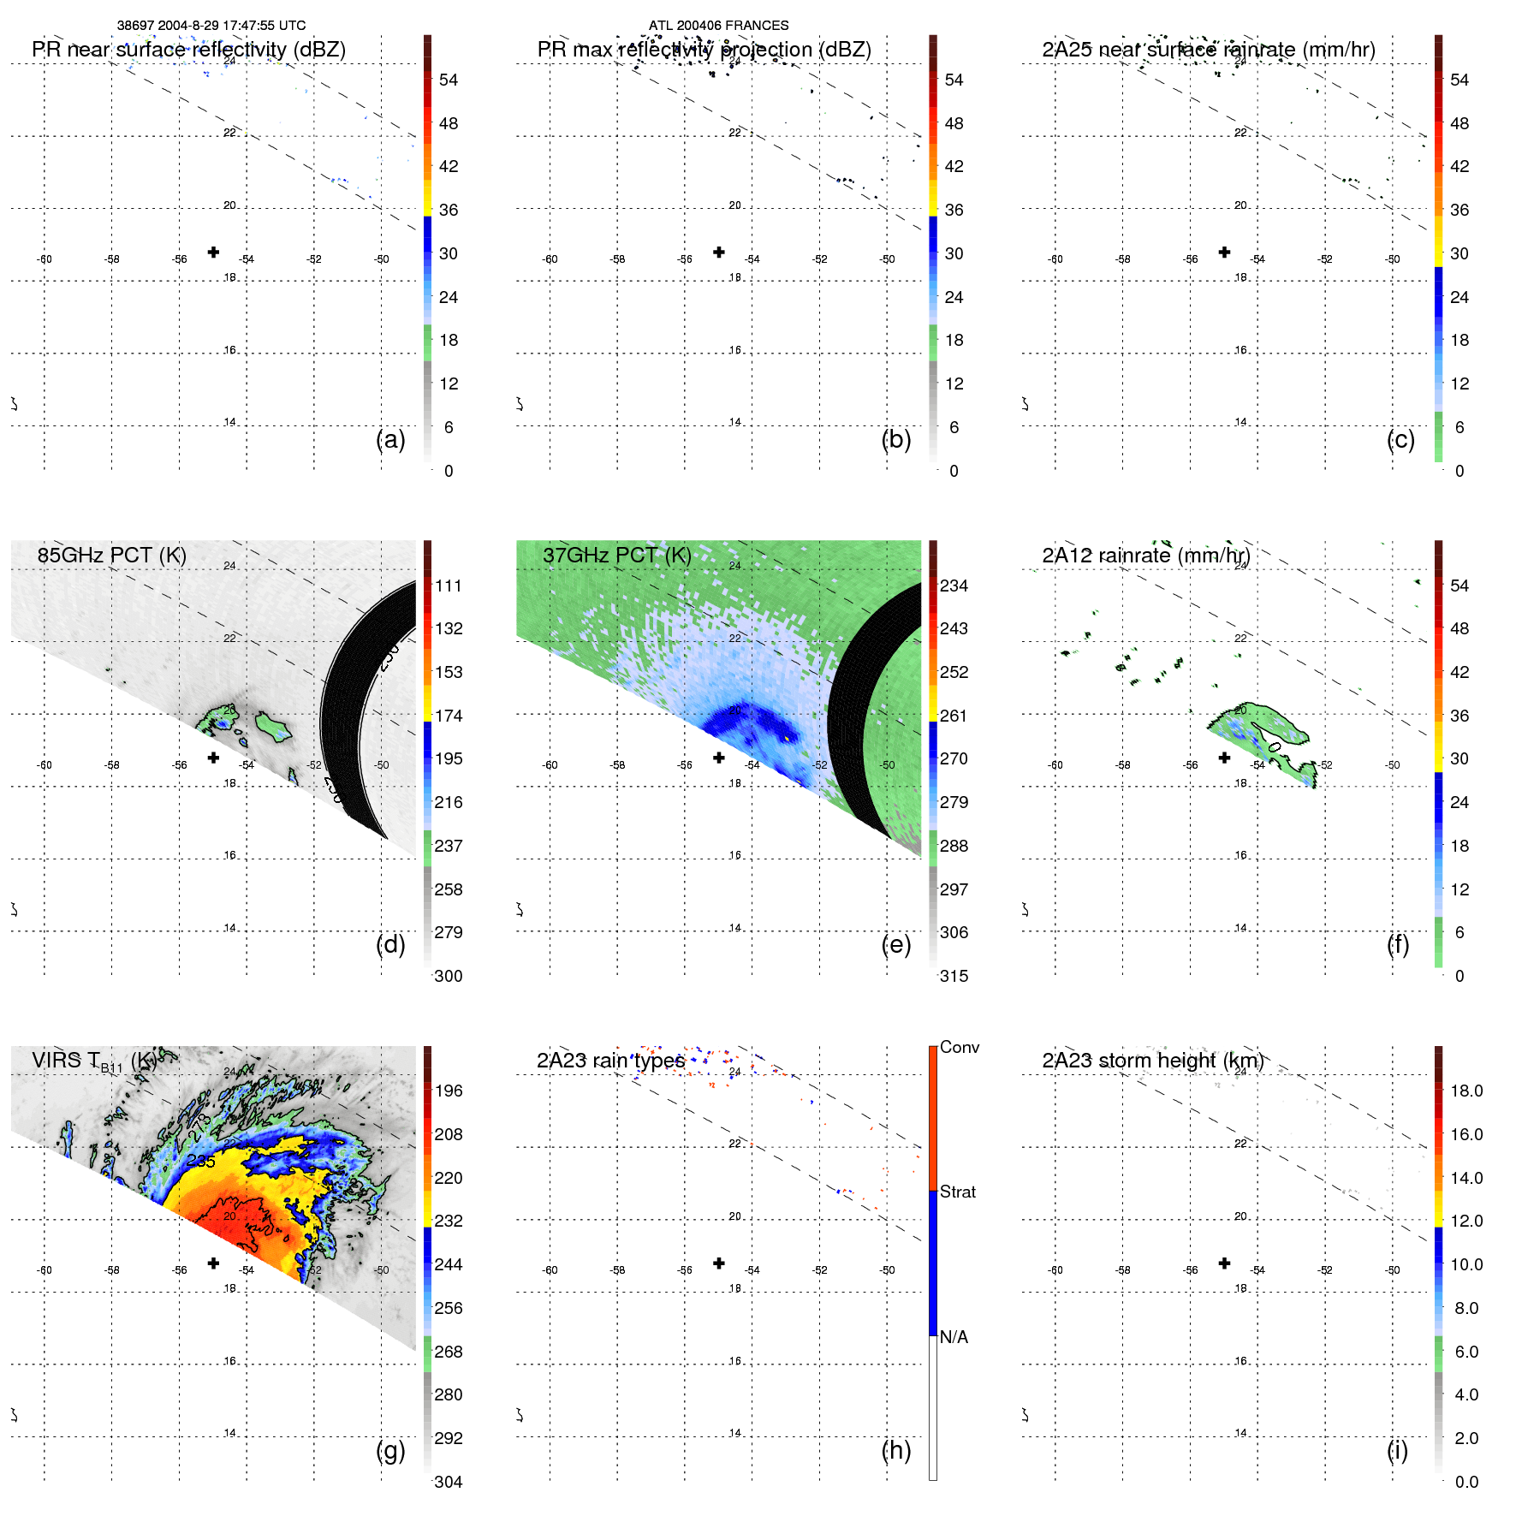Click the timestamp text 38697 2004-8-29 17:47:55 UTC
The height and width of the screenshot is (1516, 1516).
[x=211, y=26]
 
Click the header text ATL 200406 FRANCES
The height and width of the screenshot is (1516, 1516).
[x=718, y=26]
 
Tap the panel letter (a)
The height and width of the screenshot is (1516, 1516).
[x=390, y=440]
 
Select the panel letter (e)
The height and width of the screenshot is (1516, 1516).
[x=895, y=945]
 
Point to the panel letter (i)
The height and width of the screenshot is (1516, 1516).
[x=1397, y=1450]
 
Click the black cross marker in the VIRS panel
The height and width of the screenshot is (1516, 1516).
[x=213, y=1263]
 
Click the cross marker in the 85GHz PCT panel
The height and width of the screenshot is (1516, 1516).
[x=213, y=758]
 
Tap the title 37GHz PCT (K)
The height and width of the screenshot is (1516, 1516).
[x=616, y=556]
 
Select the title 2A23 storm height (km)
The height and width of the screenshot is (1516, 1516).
[x=1152, y=1061]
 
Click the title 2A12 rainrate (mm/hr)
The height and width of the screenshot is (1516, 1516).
[x=1145, y=556]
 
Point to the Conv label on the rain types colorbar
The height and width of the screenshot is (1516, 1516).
[x=959, y=1047]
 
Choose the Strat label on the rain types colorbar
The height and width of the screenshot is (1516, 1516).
[x=957, y=1192]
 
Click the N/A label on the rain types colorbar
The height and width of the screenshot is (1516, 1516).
[x=954, y=1337]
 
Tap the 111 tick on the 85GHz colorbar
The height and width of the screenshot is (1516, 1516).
[x=448, y=586]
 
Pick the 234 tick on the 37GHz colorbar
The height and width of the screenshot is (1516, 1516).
[x=954, y=586]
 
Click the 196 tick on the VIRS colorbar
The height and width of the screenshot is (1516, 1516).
[x=448, y=1091]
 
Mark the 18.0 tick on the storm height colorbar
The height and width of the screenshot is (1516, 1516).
[x=1465, y=1091]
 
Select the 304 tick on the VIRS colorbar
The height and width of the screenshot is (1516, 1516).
[x=448, y=1482]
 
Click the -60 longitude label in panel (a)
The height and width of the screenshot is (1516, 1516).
[x=44, y=259]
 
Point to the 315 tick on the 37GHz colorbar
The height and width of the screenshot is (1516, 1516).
[x=954, y=977]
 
